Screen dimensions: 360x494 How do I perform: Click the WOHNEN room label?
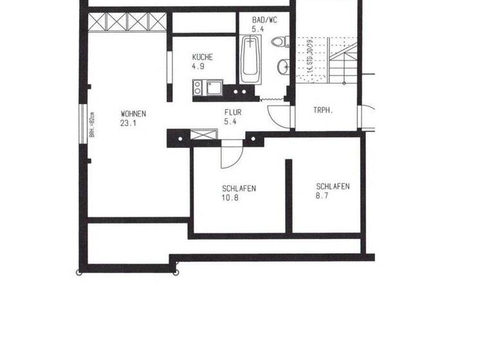click(133, 114)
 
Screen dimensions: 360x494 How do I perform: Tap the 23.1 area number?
click(128, 123)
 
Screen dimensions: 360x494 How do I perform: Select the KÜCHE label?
click(202, 57)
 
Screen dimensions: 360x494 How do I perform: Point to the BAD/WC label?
click(265, 21)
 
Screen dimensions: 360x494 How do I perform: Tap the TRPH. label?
click(322, 110)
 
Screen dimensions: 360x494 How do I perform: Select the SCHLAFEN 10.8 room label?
click(239, 189)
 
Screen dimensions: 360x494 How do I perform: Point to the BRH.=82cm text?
click(92, 125)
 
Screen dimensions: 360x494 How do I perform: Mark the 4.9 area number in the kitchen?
click(197, 66)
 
